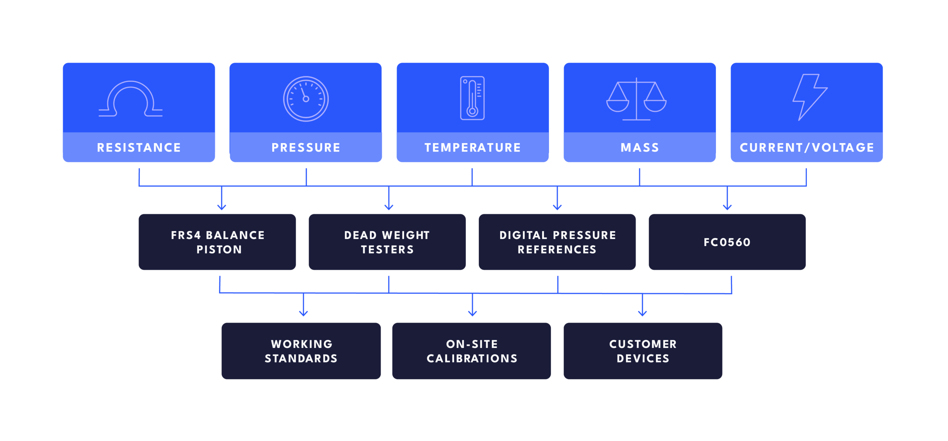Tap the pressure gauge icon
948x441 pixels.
306,99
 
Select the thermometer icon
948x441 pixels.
472,98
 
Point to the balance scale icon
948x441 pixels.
636,99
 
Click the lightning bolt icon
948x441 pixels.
809,97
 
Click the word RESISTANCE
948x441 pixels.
139,147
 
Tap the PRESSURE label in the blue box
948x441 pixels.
306,147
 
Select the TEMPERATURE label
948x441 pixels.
473,147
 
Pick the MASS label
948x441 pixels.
640,147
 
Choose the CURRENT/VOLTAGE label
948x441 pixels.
807,147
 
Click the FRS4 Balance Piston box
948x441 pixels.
217,242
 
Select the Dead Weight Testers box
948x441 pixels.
387,242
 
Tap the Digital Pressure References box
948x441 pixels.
557,242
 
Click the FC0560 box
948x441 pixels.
727,242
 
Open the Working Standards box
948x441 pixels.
301,351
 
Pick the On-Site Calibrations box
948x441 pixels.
471,351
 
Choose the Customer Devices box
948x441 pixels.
643,351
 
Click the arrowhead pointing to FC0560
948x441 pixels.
727,207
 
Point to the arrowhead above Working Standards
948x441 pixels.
304,313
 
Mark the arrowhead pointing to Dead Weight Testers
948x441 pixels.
389,207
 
